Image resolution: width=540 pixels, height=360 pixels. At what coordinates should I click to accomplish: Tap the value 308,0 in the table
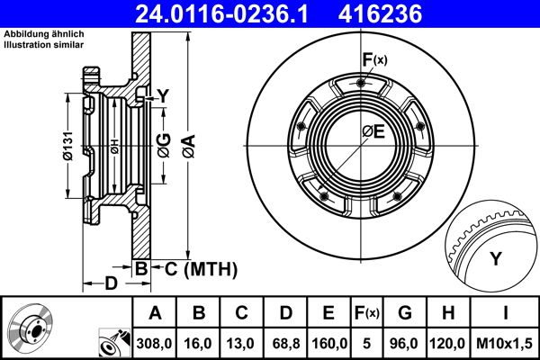tap(153, 343)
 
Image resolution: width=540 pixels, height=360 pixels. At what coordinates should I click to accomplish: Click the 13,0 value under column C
tap(240, 343)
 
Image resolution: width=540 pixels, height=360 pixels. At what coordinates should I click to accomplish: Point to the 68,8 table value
tap(284, 343)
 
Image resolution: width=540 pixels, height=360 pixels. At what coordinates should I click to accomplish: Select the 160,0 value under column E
tap(328, 343)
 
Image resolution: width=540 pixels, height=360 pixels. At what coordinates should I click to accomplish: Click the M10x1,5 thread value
tap(504, 343)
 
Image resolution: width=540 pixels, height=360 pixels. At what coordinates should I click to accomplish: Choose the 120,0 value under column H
tap(449, 343)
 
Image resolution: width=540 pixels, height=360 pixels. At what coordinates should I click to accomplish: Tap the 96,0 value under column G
tap(405, 343)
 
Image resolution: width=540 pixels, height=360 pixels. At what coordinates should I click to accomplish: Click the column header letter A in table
tap(153, 313)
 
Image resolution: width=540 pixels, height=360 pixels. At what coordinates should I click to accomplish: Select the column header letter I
tap(504, 313)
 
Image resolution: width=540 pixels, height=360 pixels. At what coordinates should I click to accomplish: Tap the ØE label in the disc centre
tap(373, 132)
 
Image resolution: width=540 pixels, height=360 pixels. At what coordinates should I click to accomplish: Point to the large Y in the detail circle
tap(495, 259)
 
